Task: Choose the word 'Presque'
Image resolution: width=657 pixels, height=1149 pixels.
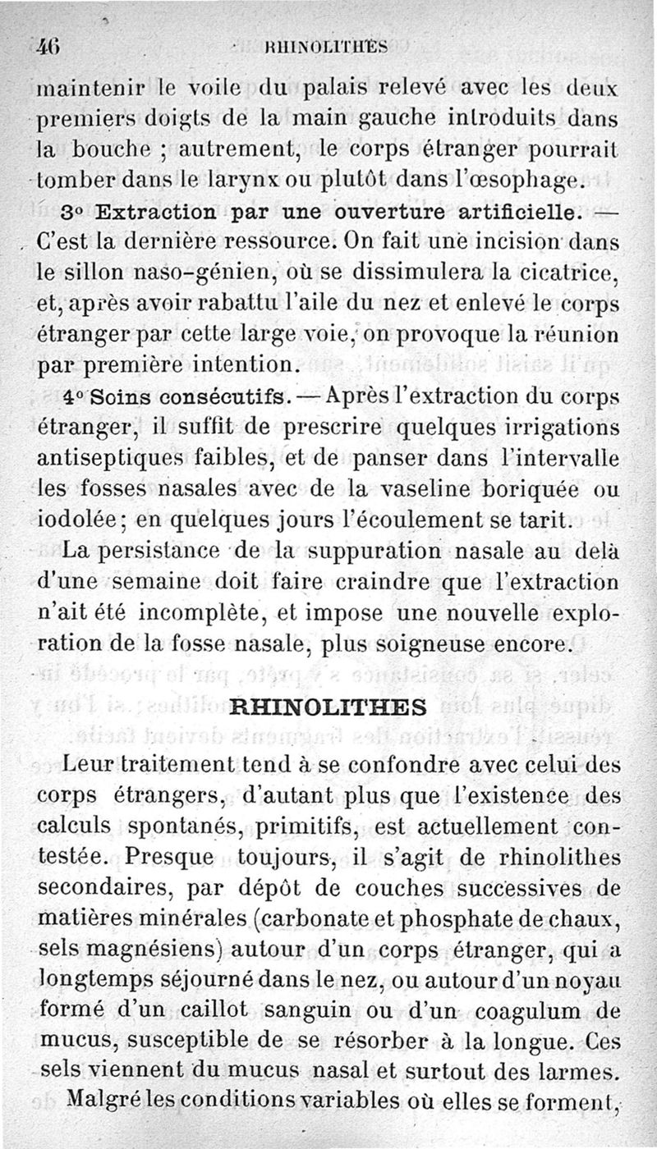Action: pyautogui.click(x=161, y=858)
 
